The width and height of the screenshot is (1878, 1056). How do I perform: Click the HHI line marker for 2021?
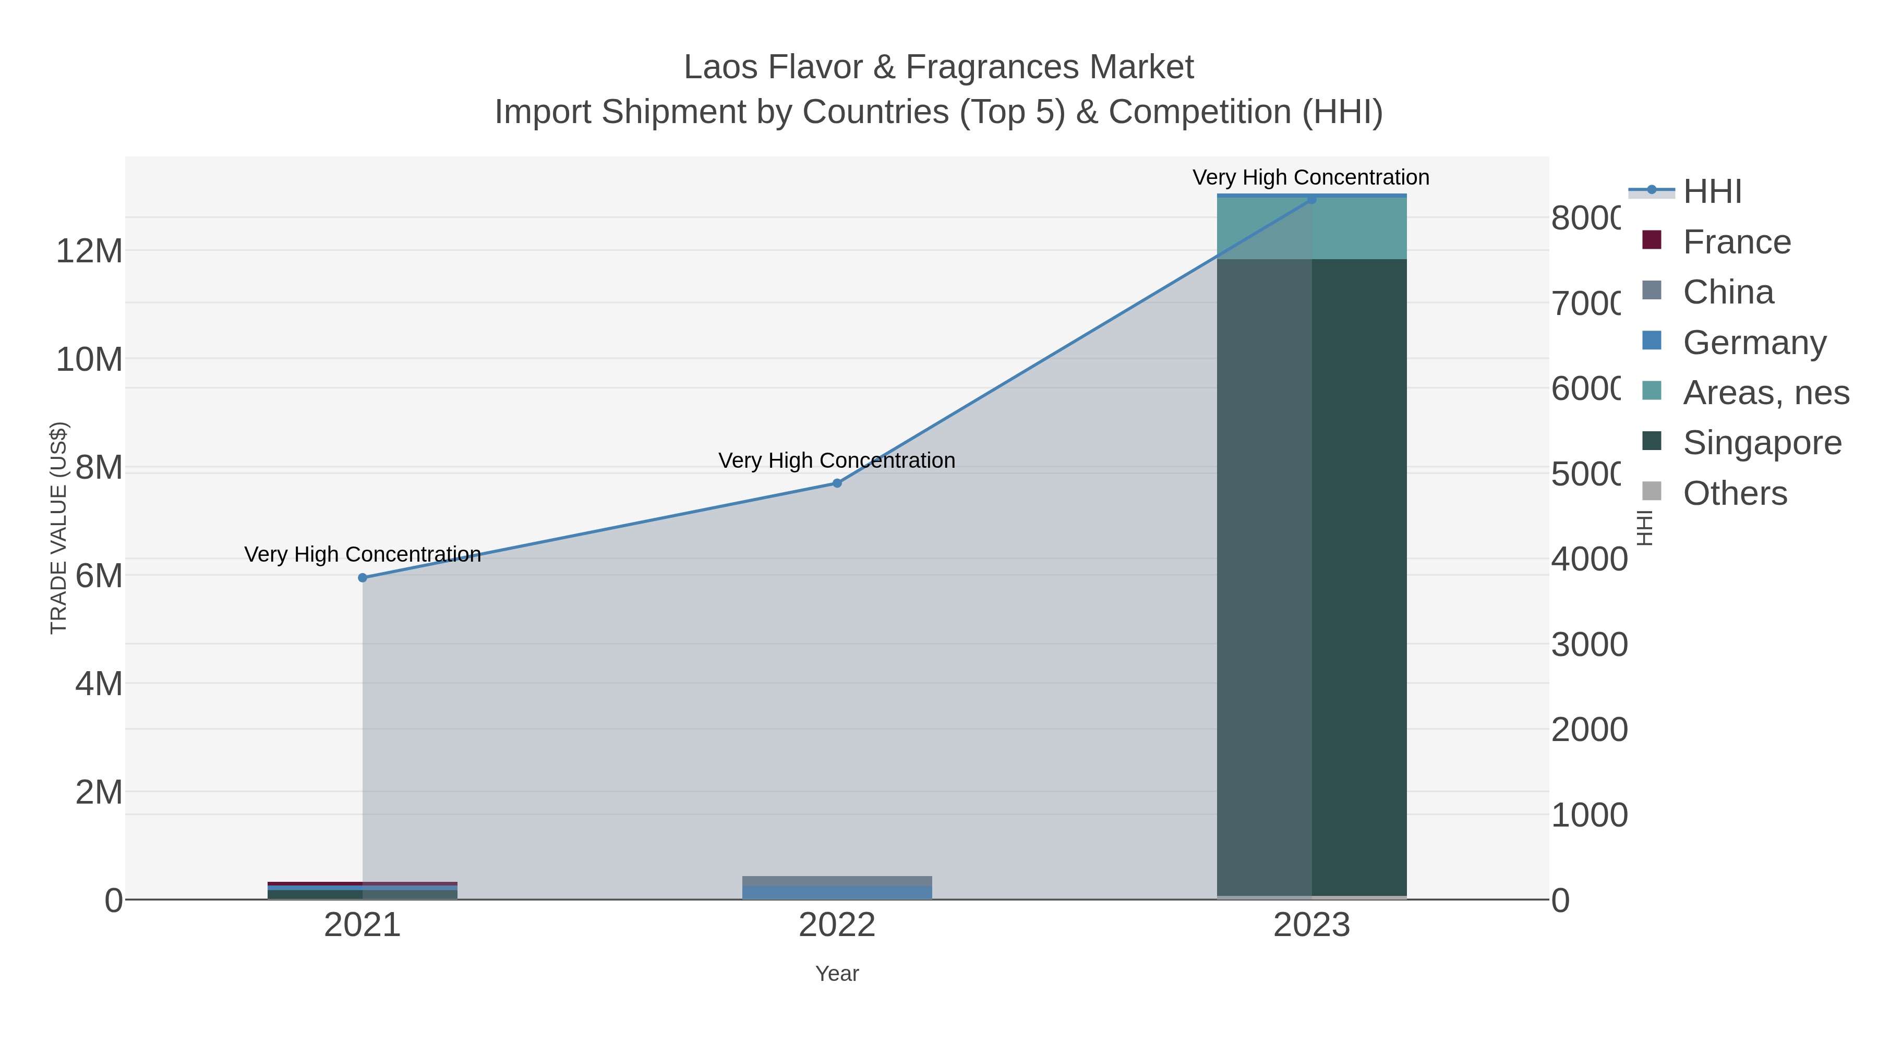pos(363,578)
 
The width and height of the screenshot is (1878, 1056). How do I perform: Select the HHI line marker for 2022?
pos(837,483)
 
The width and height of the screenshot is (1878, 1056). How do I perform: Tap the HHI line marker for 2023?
pos(1311,199)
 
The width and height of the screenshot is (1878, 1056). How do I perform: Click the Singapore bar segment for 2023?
pos(1311,576)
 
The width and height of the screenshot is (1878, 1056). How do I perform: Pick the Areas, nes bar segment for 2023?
pos(1311,228)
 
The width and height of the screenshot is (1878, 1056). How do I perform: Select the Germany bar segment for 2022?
pos(837,892)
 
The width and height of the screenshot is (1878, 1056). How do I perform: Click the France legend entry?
pos(1737,242)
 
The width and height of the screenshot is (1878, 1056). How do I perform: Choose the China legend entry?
pos(1728,292)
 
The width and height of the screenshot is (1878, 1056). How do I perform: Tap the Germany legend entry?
pos(1754,343)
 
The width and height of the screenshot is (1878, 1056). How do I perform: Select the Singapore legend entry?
pos(1761,443)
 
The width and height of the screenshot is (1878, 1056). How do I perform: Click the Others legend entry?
pos(1735,493)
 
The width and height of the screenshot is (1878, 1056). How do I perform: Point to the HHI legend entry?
pos(1712,192)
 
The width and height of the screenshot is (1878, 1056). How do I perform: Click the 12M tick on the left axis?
pos(89,251)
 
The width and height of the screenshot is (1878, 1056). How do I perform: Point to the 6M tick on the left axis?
pos(99,576)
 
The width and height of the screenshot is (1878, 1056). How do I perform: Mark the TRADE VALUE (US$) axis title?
pos(58,528)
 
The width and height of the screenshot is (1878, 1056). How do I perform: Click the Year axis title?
pos(837,974)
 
